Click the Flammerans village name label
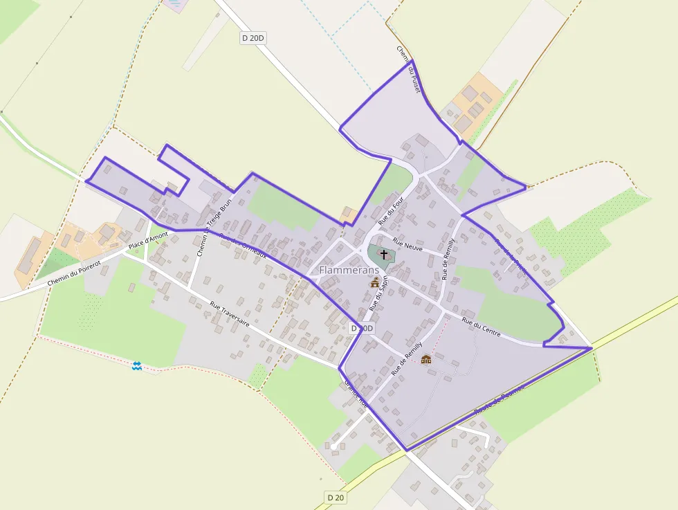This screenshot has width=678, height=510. click(x=349, y=270)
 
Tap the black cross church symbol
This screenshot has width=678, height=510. click(x=384, y=255)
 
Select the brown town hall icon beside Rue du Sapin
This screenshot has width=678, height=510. click(x=375, y=282)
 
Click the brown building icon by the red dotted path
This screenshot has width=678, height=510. click(x=425, y=359)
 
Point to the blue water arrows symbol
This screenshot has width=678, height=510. click(x=137, y=365)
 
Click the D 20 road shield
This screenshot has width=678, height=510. click(x=336, y=497)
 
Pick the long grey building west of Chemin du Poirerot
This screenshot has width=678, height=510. click(x=28, y=255)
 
